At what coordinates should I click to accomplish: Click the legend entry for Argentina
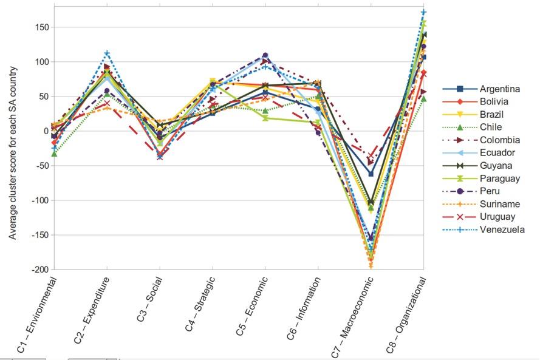tap(499, 89)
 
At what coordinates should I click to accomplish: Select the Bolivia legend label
tap(494, 102)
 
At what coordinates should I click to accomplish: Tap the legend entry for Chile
tap(490, 127)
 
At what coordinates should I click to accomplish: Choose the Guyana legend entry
tap(494, 166)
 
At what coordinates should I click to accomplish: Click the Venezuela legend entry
tap(502, 229)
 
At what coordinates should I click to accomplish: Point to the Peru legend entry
tap(490, 191)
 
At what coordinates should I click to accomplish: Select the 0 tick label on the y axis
tap(46, 131)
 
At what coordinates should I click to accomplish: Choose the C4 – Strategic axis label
tap(200, 304)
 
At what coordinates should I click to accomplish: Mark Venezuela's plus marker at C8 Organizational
tap(424, 12)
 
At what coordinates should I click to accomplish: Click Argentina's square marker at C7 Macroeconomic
tap(371, 174)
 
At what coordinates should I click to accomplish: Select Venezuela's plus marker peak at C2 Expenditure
tap(107, 54)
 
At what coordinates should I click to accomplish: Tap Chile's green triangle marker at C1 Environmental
tap(55, 154)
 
